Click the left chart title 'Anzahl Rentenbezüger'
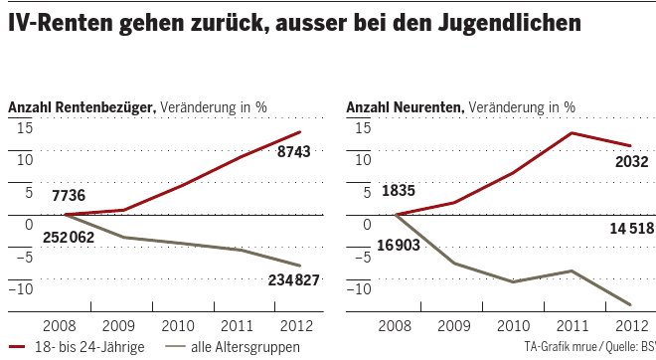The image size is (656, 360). [x=81, y=106]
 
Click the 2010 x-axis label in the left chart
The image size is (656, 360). [x=179, y=325]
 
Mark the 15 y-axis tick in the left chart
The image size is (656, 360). [x=25, y=126]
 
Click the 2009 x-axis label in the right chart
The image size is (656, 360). [x=454, y=325]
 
